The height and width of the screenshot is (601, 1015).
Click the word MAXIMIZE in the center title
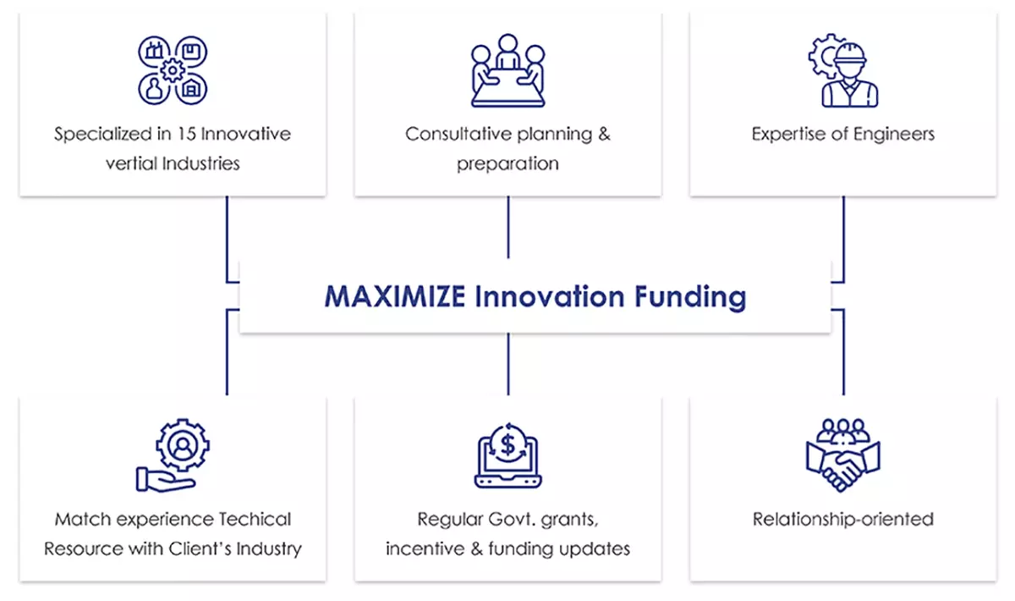(395, 296)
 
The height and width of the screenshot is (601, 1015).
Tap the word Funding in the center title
(690, 298)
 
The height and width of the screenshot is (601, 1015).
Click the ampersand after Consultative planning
(604, 134)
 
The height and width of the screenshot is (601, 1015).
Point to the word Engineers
(894, 135)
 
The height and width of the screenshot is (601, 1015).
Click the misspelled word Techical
(255, 519)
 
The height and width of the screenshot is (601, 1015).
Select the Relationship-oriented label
(843, 520)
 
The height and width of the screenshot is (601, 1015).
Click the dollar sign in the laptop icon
(508, 444)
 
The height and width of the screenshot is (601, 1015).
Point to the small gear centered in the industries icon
(173, 70)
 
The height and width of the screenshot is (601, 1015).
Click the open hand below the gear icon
(165, 480)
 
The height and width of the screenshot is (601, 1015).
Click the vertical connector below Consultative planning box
(508, 227)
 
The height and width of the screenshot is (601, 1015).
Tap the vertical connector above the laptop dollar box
(508, 364)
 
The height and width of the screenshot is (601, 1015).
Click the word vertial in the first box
(131, 163)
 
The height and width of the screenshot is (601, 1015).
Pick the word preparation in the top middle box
(507, 164)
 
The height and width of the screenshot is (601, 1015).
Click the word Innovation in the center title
(550, 296)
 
